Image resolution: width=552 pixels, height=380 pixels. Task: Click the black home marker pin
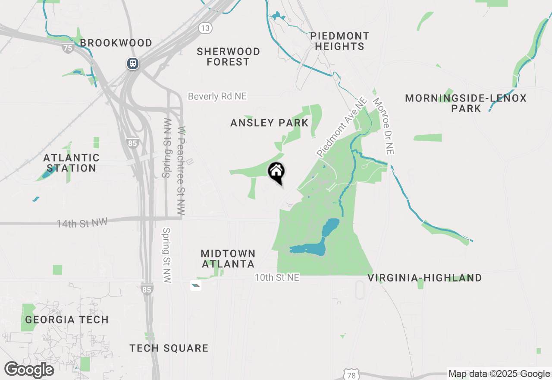[x=276, y=172]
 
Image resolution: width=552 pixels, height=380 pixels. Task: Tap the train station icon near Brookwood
[x=132, y=64]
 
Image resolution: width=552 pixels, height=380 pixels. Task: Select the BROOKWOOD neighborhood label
[x=116, y=43]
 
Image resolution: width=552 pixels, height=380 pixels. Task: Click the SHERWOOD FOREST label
[x=228, y=57]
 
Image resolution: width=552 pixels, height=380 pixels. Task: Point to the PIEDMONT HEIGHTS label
[x=340, y=41]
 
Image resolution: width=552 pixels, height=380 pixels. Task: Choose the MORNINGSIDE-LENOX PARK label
[x=466, y=103]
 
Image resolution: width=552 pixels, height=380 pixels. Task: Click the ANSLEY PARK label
[x=270, y=123]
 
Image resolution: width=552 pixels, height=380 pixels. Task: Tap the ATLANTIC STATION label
[x=71, y=163]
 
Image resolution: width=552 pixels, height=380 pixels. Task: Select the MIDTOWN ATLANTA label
[x=228, y=258]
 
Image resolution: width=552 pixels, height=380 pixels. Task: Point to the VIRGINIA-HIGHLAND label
[x=425, y=278]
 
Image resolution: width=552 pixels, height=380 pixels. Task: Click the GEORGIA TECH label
[x=67, y=320]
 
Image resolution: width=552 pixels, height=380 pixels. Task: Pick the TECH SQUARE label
[x=169, y=348]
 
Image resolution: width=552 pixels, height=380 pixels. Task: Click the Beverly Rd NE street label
[x=217, y=96]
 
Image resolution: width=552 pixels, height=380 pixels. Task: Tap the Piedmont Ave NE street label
[x=342, y=127]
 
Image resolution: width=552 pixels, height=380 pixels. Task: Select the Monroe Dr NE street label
[x=384, y=126]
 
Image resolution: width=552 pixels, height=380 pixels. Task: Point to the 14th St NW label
[x=82, y=223]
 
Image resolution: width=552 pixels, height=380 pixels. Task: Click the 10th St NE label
[x=277, y=278]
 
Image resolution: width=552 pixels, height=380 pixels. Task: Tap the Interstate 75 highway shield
[x=68, y=47]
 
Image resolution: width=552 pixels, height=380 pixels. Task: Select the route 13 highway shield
[x=205, y=28]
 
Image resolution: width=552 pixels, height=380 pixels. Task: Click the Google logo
[x=29, y=370]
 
